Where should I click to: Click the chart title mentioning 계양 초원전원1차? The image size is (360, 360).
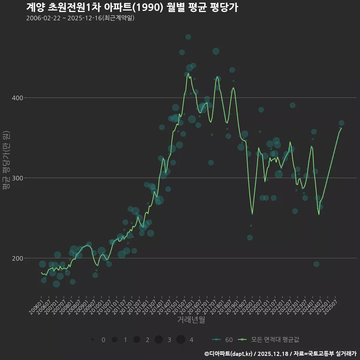tap(132, 7)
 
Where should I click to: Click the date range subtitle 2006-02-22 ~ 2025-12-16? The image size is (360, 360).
tap(80, 18)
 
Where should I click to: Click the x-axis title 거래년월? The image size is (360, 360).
tap(191, 320)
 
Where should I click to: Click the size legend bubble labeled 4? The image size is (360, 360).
tap(181, 340)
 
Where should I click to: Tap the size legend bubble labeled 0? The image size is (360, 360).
tap(92, 340)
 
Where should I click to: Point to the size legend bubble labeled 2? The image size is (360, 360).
tap(136, 340)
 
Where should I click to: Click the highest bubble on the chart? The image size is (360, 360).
tap(188, 37)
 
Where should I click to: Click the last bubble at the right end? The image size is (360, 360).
tap(341, 123)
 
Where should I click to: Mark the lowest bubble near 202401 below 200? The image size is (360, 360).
tap(316, 264)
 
